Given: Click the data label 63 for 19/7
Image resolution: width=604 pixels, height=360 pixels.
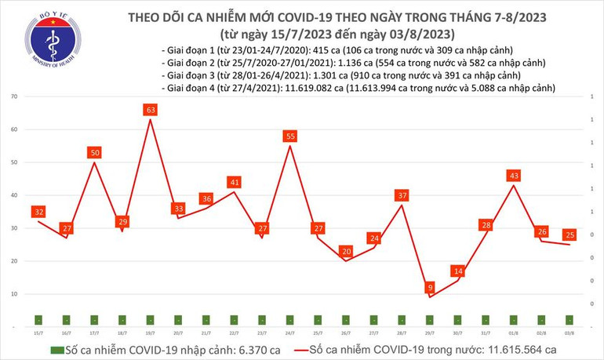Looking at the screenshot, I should [149, 111].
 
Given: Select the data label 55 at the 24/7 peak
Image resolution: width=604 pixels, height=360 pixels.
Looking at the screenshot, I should [290, 136].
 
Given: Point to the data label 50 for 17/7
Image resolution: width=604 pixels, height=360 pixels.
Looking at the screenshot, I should [94, 152].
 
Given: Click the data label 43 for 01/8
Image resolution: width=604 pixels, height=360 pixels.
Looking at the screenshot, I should [515, 176].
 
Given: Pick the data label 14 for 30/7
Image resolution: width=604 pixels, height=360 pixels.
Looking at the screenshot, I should [457, 271].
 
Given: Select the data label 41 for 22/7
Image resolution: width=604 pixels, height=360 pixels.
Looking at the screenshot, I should [234, 182].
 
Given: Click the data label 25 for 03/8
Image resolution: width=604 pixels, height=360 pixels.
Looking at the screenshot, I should [570, 235].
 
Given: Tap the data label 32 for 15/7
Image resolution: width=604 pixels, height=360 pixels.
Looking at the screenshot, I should [38, 212].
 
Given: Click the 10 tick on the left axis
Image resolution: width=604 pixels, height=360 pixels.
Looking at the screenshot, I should [15, 294].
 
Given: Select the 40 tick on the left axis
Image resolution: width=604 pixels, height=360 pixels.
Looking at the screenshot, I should [15, 195].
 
